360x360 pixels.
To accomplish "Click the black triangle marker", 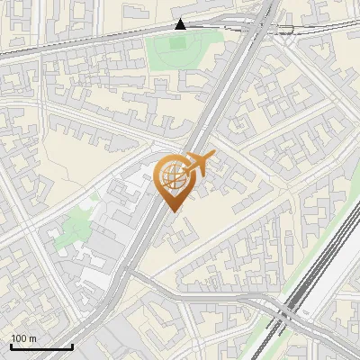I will (x=182, y=24).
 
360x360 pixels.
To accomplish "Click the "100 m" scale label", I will (x=23, y=338).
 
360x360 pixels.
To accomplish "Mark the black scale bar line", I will (x=41, y=346).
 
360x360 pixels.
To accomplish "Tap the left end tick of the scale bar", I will (x=11, y=345).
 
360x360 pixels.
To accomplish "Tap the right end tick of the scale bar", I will (x=72, y=345).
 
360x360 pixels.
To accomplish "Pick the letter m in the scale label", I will (x=32, y=338).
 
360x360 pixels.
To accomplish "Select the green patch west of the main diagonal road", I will (x=72, y=233).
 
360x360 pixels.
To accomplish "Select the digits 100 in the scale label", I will (x=19, y=338).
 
